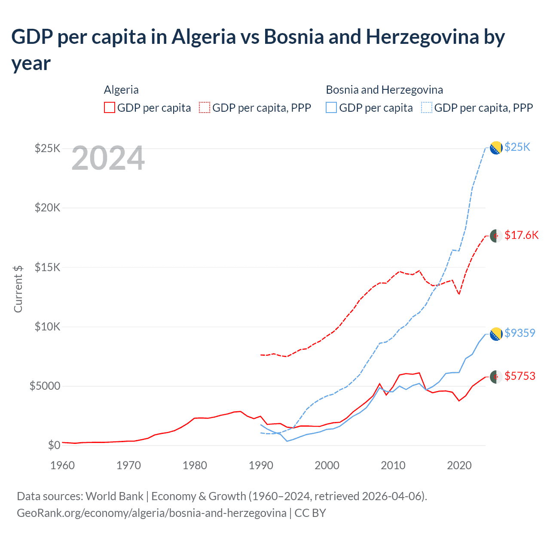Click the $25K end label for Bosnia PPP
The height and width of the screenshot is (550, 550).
[517, 147]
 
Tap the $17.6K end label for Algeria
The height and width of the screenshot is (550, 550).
[521, 235]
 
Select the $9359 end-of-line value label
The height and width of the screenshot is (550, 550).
[520, 333]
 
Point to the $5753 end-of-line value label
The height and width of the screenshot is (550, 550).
[520, 376]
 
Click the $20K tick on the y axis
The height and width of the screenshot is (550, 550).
[48, 208]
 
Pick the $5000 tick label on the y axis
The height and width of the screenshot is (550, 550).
[45, 386]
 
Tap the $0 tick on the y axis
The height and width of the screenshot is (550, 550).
[54, 445]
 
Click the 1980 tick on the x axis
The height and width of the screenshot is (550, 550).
[195, 465]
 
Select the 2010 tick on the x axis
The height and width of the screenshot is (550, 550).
[393, 465]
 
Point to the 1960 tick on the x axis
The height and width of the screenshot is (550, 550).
[63, 465]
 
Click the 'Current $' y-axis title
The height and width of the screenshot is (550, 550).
[18, 289]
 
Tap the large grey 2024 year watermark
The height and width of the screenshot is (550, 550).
[108, 159]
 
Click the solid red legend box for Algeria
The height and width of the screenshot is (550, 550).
[110, 107]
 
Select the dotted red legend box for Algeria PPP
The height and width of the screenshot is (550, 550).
[205, 107]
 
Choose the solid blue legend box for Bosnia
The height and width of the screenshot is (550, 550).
[331, 107]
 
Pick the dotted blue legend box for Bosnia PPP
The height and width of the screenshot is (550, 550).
[427, 107]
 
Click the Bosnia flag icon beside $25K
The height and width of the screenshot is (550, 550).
[496, 147]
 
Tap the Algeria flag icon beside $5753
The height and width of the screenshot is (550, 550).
[496, 376]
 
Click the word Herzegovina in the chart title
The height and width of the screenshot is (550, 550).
[422, 37]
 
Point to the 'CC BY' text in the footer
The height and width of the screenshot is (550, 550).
[310, 513]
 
